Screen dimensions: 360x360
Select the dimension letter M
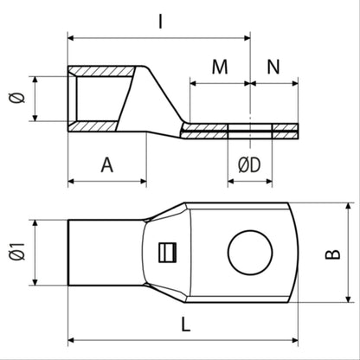pyautogui.click(x=220, y=67)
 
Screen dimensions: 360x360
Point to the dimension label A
pyautogui.click(x=106, y=164)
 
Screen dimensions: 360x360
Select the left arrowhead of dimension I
pyautogui.click(x=72, y=37)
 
